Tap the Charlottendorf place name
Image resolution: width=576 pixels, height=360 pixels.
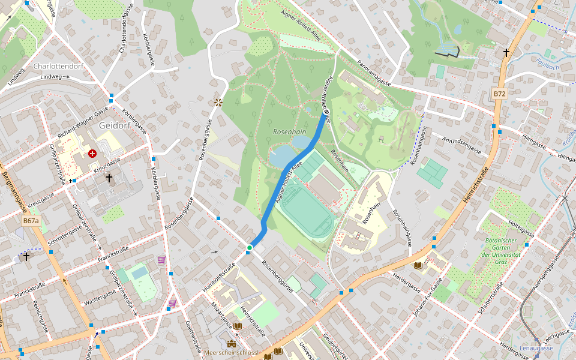(x=59, y=66)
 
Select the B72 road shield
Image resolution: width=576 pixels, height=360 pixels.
(x=500, y=94)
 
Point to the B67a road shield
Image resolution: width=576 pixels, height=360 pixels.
(x=31, y=221)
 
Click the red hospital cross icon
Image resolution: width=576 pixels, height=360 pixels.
(x=92, y=154)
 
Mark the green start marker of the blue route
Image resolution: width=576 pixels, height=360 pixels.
(x=250, y=247)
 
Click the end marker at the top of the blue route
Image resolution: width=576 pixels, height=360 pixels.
(x=326, y=112)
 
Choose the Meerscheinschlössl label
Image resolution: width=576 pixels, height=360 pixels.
(x=232, y=353)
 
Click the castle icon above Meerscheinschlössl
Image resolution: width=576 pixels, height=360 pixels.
(x=232, y=344)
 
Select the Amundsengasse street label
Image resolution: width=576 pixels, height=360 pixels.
(x=461, y=145)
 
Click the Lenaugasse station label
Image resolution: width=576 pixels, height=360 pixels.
(x=536, y=348)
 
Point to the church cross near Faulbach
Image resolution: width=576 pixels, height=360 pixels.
(x=506, y=53)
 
